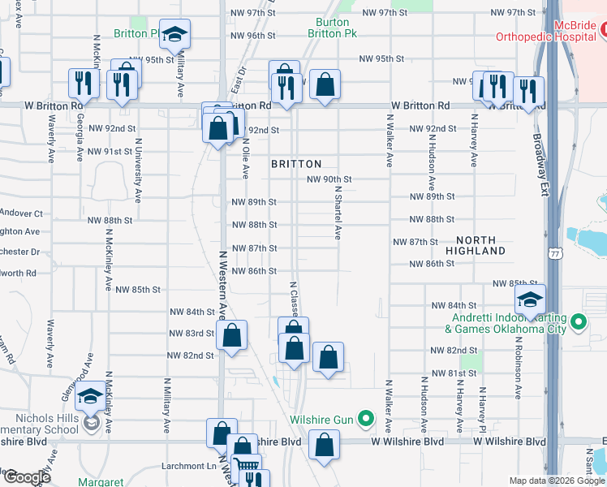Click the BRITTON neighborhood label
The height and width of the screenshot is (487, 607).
click(x=296, y=163)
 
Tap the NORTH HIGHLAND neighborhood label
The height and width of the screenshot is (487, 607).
click(x=480, y=245)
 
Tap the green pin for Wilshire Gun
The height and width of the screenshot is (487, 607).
click(x=366, y=420)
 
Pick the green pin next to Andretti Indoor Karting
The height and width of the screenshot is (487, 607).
click(x=578, y=323)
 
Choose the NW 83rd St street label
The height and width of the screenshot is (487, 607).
click(x=191, y=334)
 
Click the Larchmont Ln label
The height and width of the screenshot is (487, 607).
click(x=193, y=466)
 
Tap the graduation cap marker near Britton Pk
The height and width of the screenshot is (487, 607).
click(x=174, y=35)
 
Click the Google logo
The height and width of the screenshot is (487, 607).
click(x=26, y=478)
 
